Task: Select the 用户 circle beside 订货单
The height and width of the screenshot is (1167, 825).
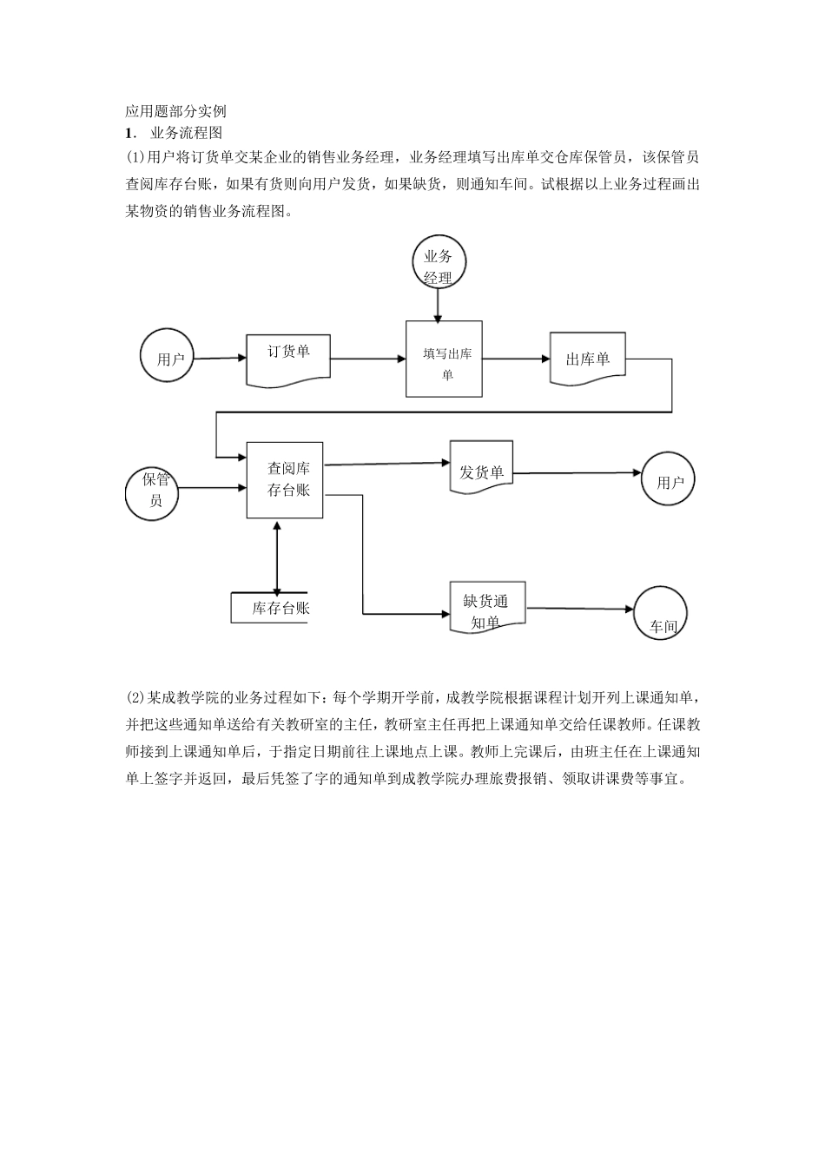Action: point(168,358)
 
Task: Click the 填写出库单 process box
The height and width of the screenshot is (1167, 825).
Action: point(445,359)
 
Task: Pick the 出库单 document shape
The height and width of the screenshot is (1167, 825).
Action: point(587,358)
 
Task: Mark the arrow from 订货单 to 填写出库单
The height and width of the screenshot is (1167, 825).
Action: point(368,358)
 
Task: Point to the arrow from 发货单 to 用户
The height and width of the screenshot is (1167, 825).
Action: point(577,473)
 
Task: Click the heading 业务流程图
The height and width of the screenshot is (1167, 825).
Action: point(187,133)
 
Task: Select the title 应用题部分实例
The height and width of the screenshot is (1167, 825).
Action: point(175,111)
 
